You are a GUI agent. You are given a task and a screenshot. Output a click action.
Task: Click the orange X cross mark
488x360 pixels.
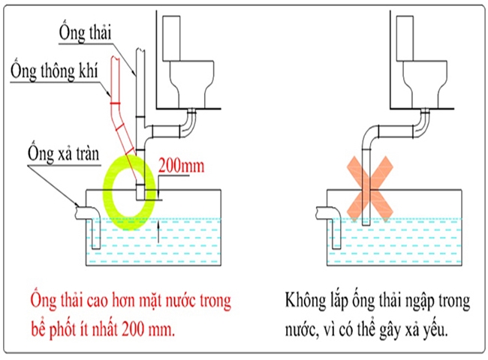pyautogui.click(x=366, y=185)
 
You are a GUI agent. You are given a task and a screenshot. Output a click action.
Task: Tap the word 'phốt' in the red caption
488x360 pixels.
pyautogui.click(x=65, y=328)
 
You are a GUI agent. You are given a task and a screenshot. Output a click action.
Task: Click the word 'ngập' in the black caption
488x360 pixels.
pyautogui.click(x=426, y=303)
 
